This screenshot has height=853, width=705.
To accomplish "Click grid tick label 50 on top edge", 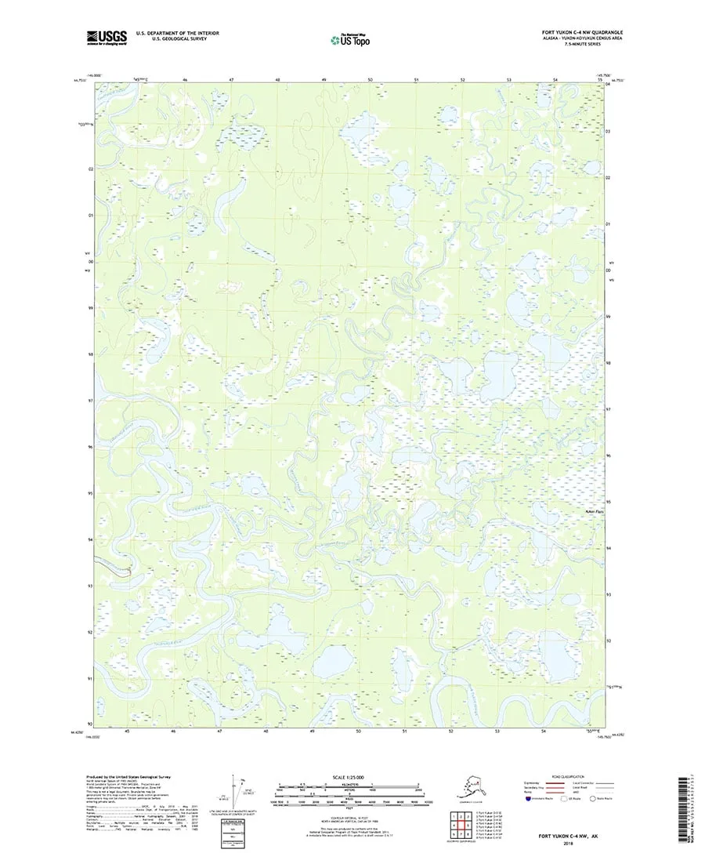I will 370,80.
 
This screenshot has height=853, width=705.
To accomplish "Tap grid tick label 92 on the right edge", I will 609,641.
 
